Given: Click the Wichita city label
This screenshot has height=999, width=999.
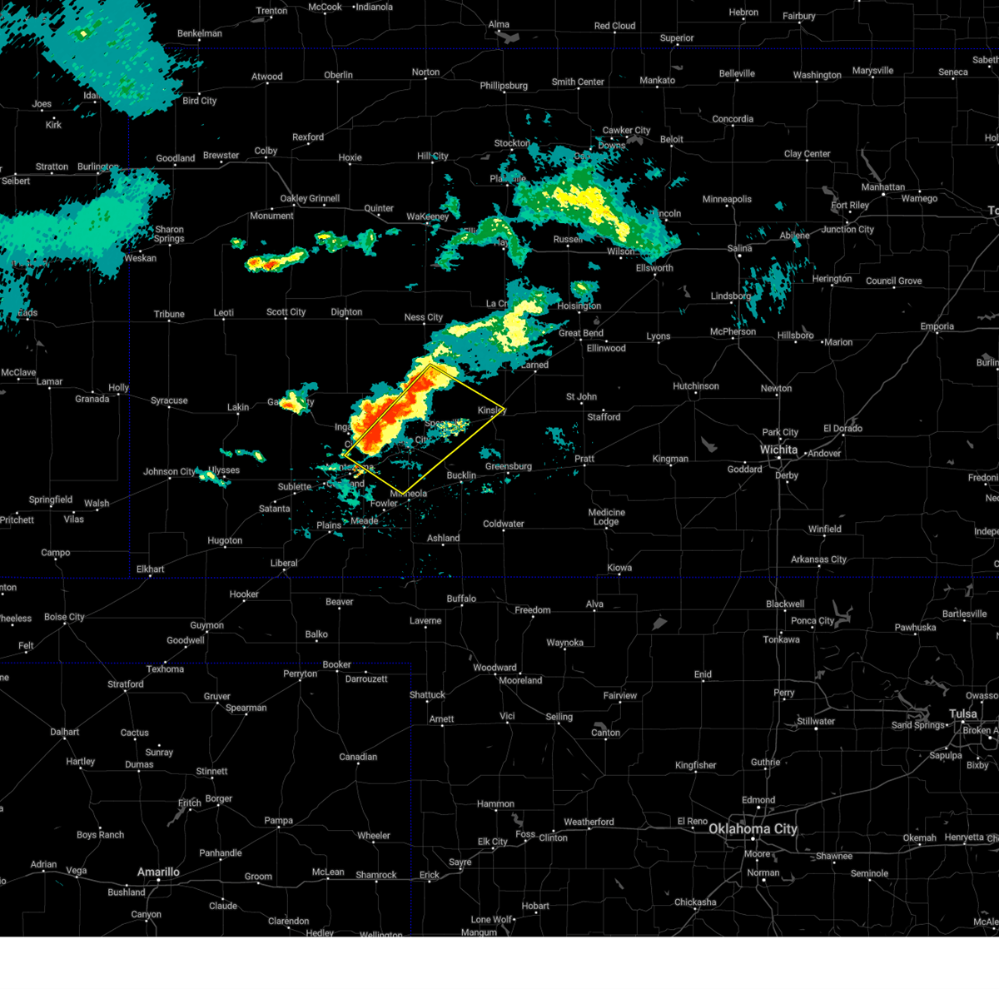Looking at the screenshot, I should tap(778, 450).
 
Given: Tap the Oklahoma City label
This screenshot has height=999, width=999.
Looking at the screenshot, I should tap(753, 828).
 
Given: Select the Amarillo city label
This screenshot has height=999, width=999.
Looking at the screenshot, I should tap(158, 872).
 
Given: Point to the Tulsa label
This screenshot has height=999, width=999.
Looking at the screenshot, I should tap(963, 713).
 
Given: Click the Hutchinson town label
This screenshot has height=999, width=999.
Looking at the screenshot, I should tap(695, 386).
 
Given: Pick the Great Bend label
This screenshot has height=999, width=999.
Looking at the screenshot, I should tap(581, 333).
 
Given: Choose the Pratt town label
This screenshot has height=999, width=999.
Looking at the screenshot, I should tap(584, 459).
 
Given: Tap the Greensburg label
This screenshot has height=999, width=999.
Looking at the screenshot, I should tap(508, 466).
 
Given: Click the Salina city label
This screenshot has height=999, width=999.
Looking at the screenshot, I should tap(739, 248).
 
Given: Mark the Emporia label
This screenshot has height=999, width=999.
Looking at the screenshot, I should tap(937, 326).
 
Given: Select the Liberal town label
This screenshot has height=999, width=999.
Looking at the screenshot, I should tap(284, 563).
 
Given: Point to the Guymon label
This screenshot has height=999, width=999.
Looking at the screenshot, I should tap(206, 625).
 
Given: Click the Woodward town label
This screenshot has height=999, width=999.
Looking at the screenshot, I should tap(495, 668).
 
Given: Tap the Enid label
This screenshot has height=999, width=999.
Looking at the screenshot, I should tap(703, 674).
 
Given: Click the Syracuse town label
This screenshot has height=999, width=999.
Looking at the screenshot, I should tap(169, 400).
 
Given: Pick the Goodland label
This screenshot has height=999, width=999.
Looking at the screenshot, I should tap(176, 158).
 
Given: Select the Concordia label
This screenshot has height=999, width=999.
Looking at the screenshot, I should tap(733, 119).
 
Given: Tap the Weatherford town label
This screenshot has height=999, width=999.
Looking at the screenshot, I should tap(589, 822).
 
